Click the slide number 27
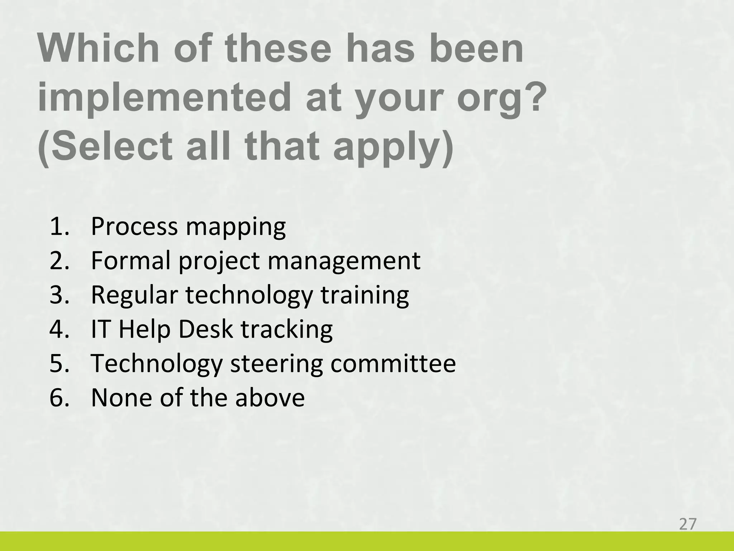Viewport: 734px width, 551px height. coord(687,524)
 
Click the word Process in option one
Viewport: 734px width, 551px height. coord(134,227)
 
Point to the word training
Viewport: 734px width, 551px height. coord(364,295)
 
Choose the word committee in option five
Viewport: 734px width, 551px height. coord(393,364)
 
